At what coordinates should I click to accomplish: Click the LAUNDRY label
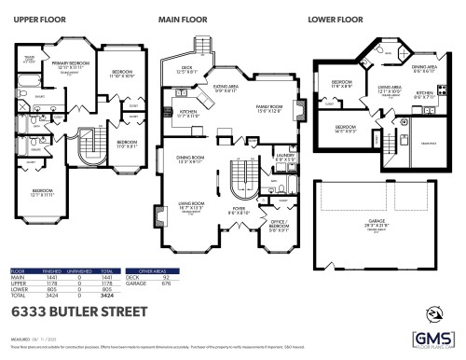coord(284,158)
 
